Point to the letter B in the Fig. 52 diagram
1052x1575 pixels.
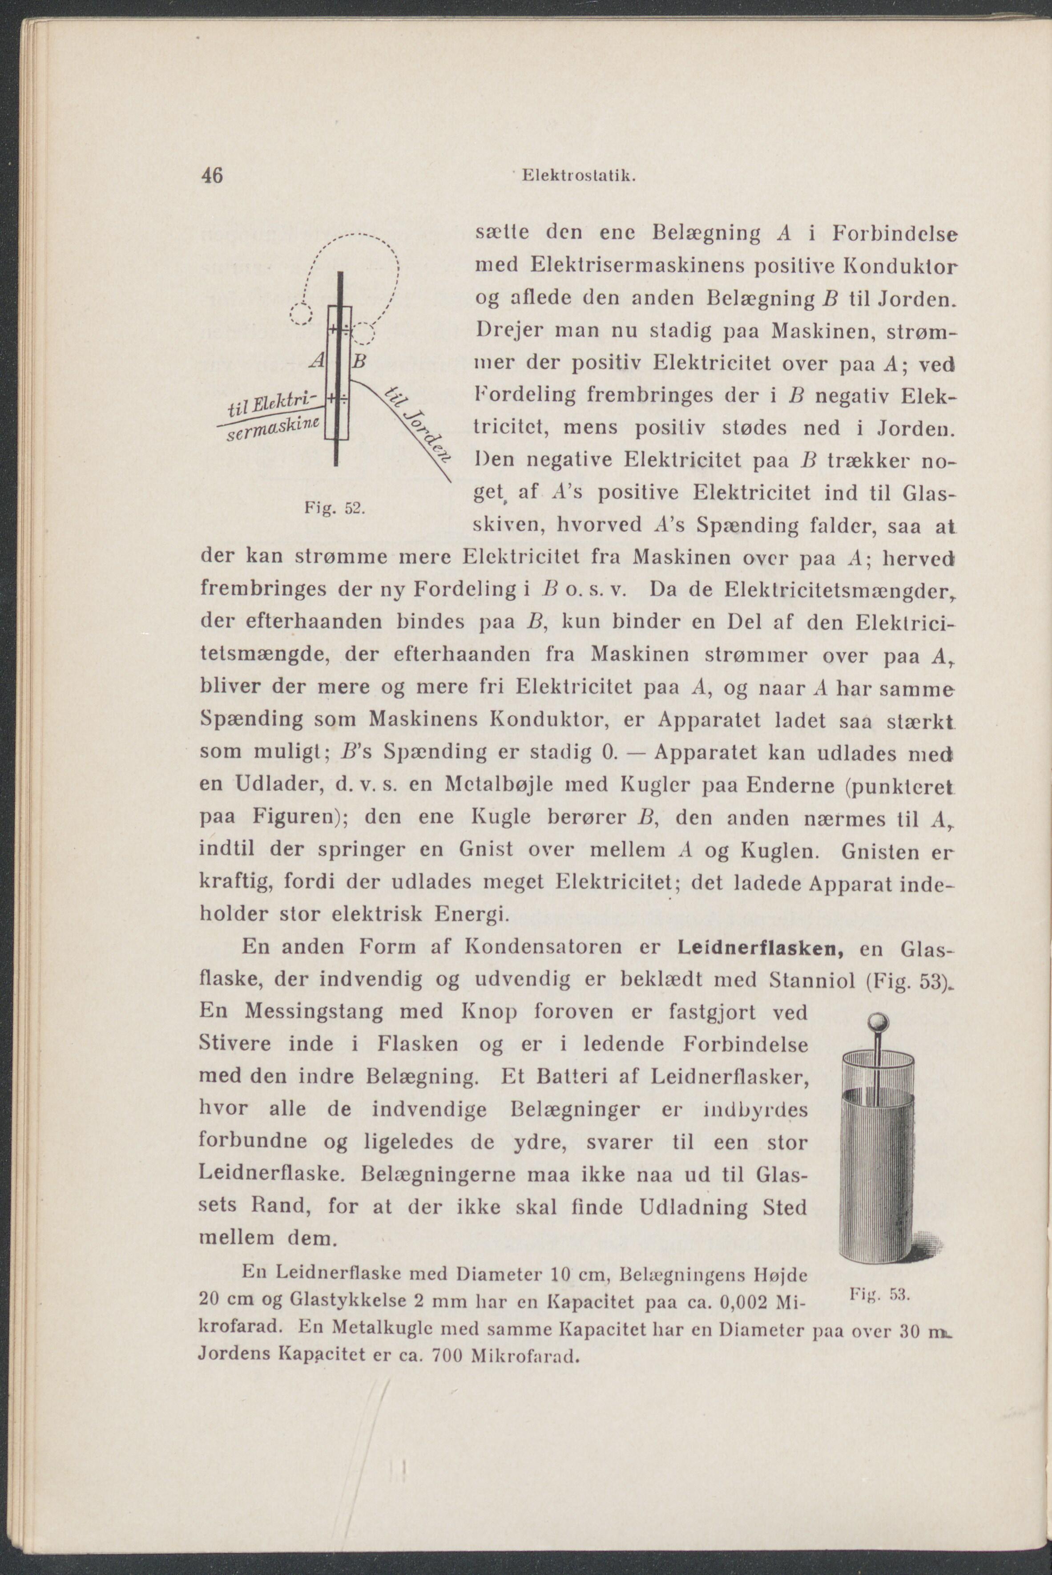coord(359,362)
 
